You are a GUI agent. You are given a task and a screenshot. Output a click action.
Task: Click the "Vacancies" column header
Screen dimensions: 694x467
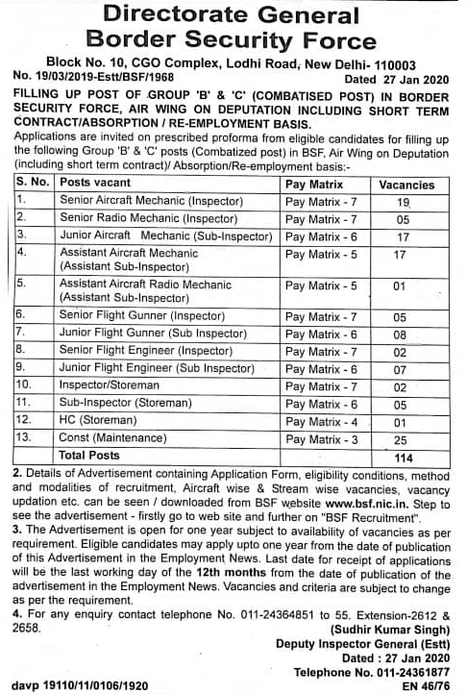coord(406,182)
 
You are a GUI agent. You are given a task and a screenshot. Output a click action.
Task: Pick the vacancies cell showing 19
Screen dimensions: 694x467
coord(404,202)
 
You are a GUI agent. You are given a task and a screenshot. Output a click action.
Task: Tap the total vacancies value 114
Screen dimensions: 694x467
coord(404,457)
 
